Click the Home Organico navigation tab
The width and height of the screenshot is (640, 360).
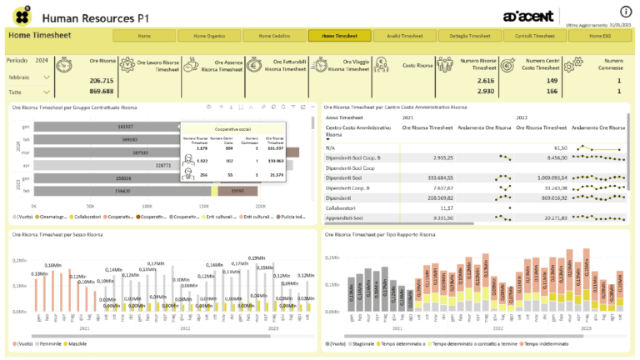(x=209, y=36)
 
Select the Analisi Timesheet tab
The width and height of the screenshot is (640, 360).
(x=405, y=36)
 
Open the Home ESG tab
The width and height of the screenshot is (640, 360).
(x=600, y=36)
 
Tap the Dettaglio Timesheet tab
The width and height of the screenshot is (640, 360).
(x=470, y=36)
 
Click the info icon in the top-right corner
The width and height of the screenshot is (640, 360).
(x=626, y=12)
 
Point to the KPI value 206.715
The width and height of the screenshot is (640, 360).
(x=102, y=80)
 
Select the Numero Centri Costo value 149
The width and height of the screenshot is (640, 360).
(x=552, y=80)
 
